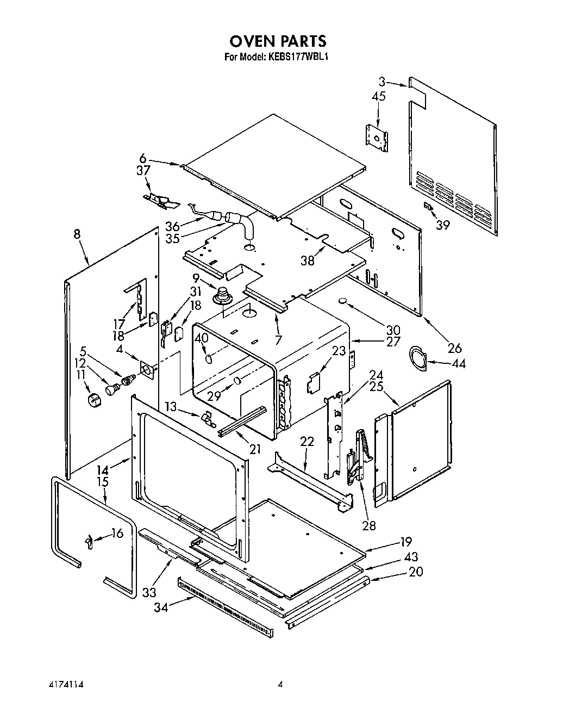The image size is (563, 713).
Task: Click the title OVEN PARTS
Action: pyautogui.click(x=278, y=41)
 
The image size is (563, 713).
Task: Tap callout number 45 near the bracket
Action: pyautogui.click(x=379, y=96)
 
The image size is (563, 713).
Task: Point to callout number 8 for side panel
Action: pyautogui.click(x=77, y=234)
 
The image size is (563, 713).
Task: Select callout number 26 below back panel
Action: pyautogui.click(x=454, y=348)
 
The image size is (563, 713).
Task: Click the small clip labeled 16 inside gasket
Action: pyautogui.click(x=89, y=541)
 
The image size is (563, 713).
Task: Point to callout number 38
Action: pyautogui.click(x=308, y=261)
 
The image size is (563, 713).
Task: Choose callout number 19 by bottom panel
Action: pyautogui.click(x=405, y=541)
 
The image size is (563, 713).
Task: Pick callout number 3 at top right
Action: pyautogui.click(x=382, y=82)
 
